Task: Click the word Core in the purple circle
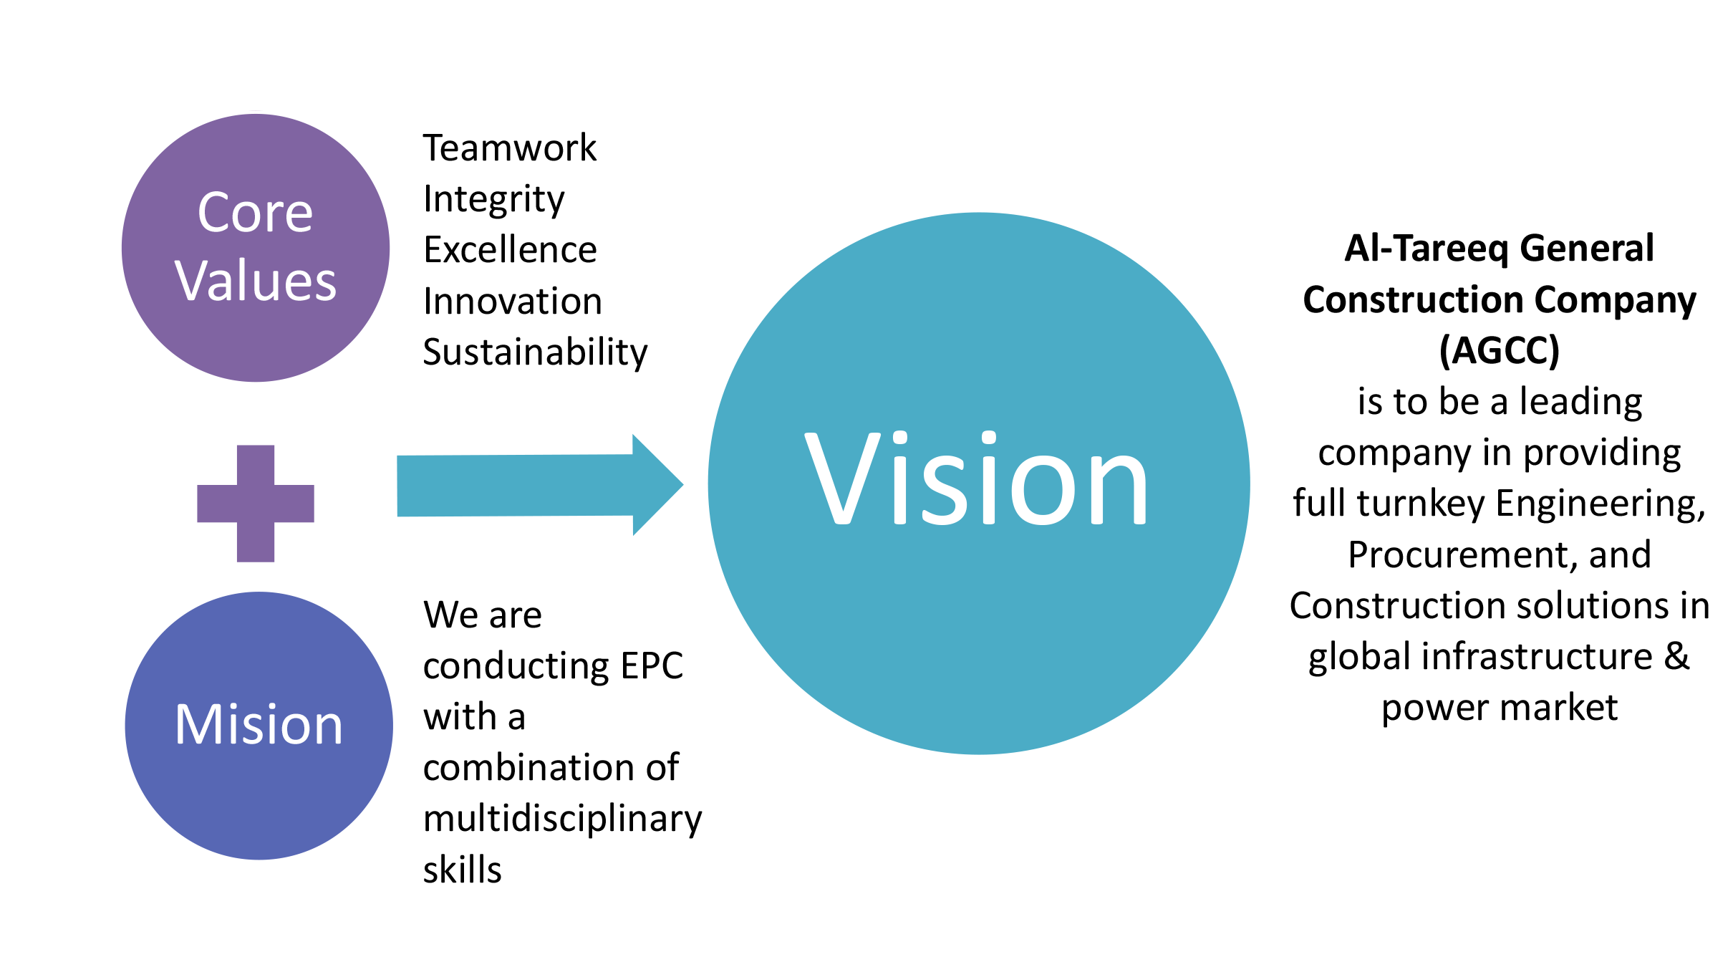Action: pyautogui.click(x=255, y=213)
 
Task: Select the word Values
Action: pyautogui.click(x=255, y=281)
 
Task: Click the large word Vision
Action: pyautogui.click(x=977, y=478)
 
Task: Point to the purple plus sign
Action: pyautogui.click(x=256, y=504)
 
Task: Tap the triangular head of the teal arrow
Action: pyautogui.click(x=655, y=485)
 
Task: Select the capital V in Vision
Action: pyautogui.click(x=842, y=478)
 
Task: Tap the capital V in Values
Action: pyautogui.click(x=193, y=281)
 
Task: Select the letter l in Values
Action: pyautogui.click(x=243, y=279)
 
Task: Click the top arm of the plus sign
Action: pyautogui.click(x=256, y=464)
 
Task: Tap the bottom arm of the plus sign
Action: pyautogui.click(x=256, y=543)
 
